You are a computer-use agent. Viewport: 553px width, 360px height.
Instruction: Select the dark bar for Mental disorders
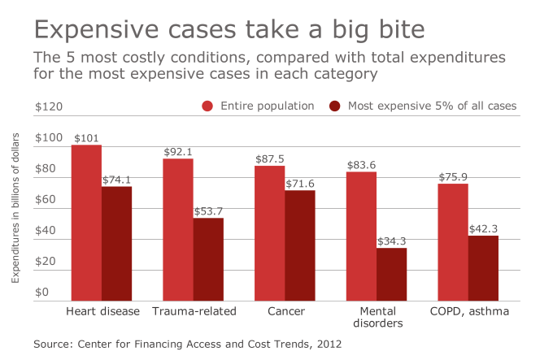click(390, 275)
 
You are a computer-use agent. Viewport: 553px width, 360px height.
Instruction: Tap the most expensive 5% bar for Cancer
click(299, 245)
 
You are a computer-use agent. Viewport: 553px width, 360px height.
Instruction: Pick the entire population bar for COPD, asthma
click(453, 243)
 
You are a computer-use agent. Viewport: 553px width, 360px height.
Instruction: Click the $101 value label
click(86, 138)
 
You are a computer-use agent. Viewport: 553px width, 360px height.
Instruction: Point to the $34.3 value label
click(391, 241)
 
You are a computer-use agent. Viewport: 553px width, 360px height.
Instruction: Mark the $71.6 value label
click(300, 184)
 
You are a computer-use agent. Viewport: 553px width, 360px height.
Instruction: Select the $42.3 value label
click(483, 229)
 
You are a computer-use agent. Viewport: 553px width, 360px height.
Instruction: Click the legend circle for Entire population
click(207, 106)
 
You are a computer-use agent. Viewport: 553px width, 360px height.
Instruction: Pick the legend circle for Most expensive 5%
click(334, 106)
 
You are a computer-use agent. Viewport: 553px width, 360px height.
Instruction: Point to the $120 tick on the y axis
click(48, 106)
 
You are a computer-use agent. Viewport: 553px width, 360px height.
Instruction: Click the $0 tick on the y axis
click(41, 292)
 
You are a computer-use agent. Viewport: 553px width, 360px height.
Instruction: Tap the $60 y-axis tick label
click(45, 199)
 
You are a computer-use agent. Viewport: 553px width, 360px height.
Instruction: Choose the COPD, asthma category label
click(468, 311)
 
